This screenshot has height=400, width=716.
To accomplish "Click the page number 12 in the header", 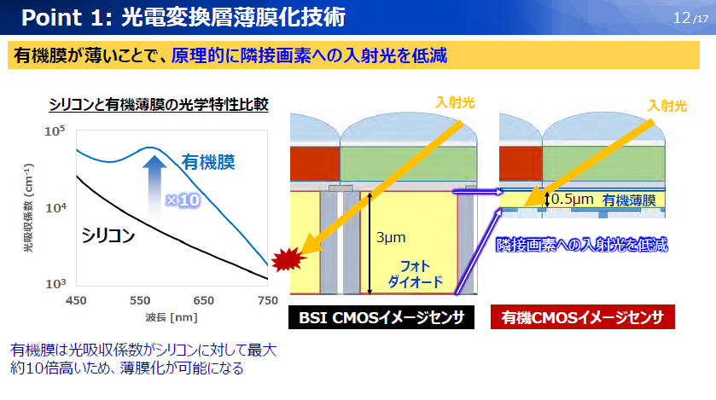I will [681, 17].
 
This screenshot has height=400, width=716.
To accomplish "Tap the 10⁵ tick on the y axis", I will [55, 131].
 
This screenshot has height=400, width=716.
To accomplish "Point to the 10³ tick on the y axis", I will [55, 283].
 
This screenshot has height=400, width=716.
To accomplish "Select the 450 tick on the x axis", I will [77, 300].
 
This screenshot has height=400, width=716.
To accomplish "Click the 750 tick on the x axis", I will [268, 300].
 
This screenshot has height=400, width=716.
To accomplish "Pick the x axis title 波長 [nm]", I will [172, 317].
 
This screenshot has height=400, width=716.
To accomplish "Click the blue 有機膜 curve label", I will [209, 160].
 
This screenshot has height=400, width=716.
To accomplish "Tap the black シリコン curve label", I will [110, 235].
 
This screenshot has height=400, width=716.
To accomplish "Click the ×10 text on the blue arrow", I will [182, 200].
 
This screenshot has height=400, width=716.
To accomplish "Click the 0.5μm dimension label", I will [572, 200].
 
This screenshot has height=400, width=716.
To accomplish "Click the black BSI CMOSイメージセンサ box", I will [381, 318].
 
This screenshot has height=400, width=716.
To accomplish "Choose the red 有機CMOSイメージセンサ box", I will [583, 318].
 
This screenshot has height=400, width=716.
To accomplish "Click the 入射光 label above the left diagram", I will [455, 103].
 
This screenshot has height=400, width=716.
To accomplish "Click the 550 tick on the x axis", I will [140, 300].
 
